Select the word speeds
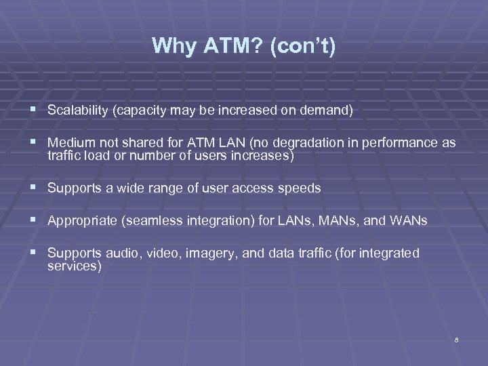[298, 188]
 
